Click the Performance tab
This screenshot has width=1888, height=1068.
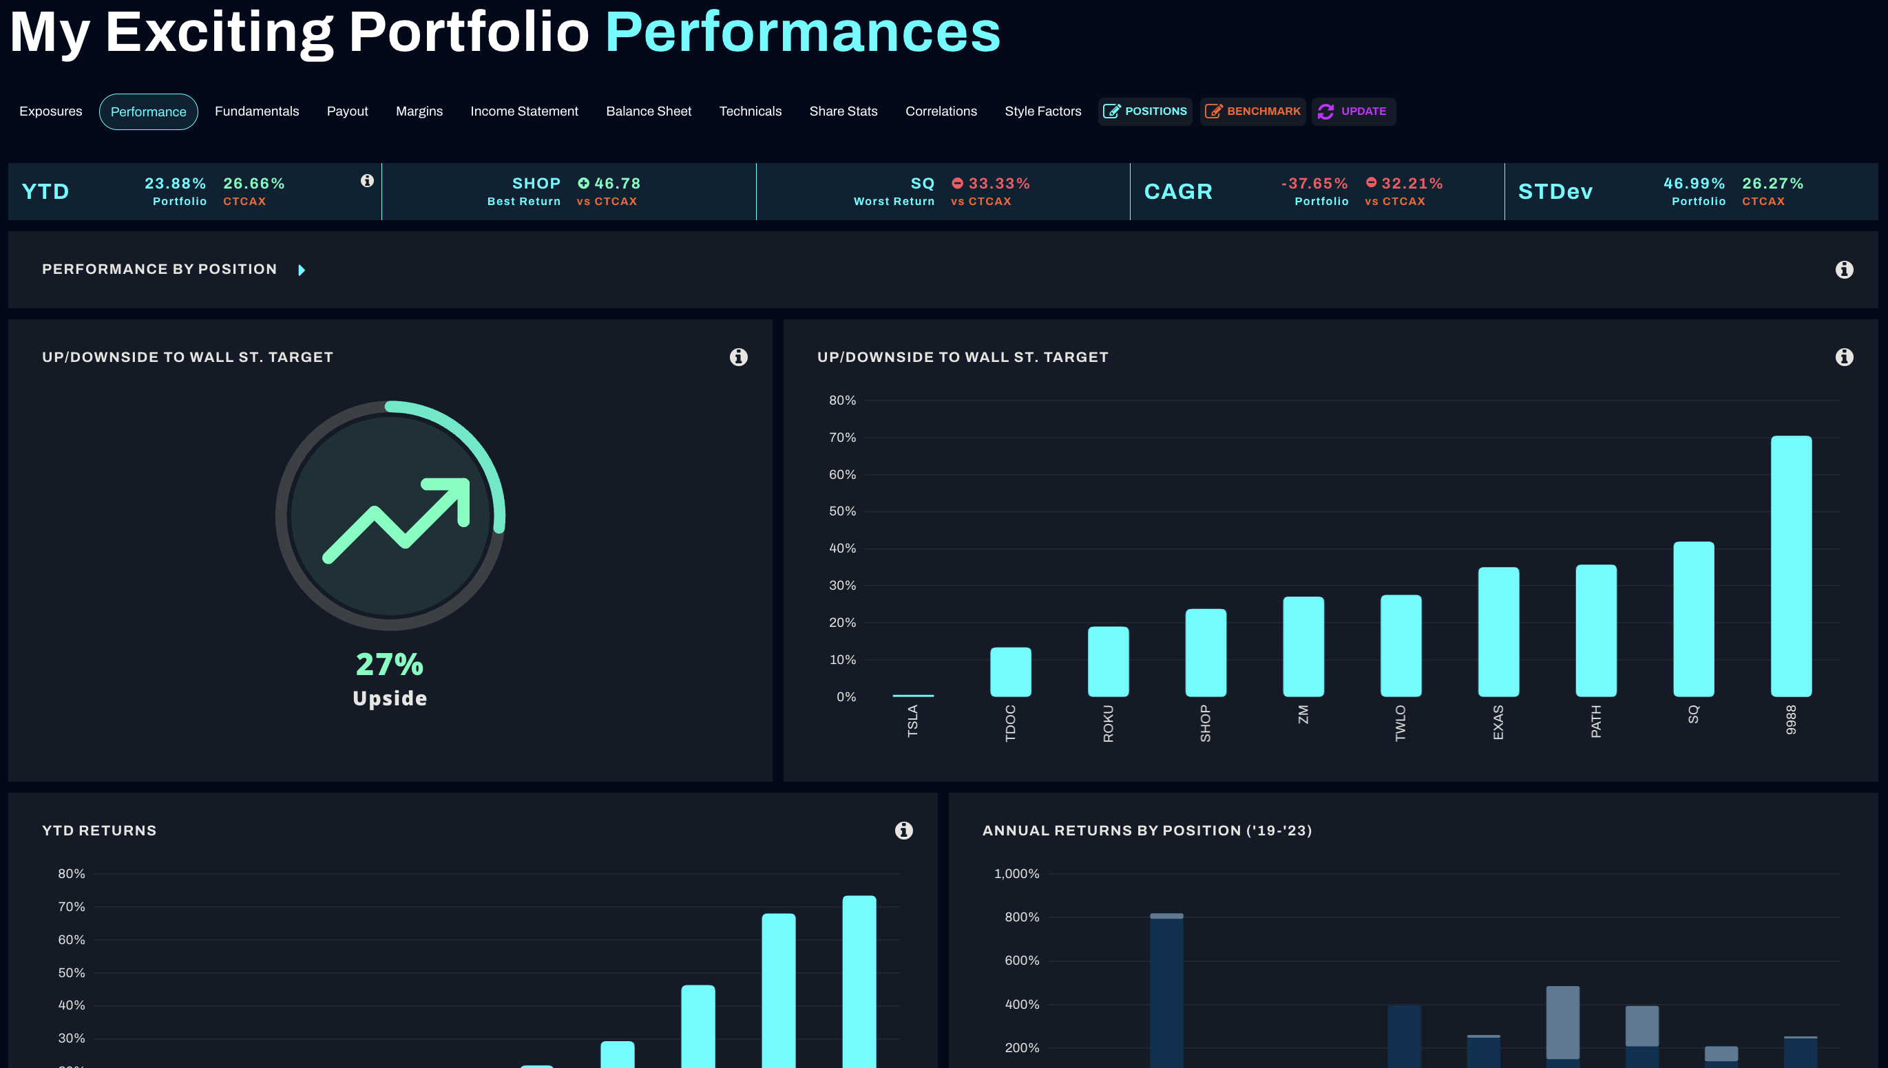point(148,111)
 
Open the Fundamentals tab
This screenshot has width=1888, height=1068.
point(257,111)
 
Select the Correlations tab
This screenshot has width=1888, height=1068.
point(941,111)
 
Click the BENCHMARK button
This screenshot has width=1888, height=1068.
point(1252,111)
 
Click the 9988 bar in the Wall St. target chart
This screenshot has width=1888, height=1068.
point(1790,566)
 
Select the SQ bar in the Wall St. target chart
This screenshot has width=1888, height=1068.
point(1693,619)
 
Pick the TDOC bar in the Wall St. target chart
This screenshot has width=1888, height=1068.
point(1010,672)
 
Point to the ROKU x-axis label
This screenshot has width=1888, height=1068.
point(1108,723)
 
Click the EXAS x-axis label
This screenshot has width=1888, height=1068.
point(1498,723)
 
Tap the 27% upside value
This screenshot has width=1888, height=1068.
point(390,665)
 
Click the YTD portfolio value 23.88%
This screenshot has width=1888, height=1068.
point(176,183)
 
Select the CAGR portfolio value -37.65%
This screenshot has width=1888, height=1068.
point(1314,183)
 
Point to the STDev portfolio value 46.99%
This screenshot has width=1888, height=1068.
point(1694,183)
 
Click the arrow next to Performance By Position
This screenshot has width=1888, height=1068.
point(302,270)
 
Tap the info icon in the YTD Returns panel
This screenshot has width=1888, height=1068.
point(903,831)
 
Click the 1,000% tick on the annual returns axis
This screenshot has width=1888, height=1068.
point(1016,874)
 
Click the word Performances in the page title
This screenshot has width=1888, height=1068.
point(803,32)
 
